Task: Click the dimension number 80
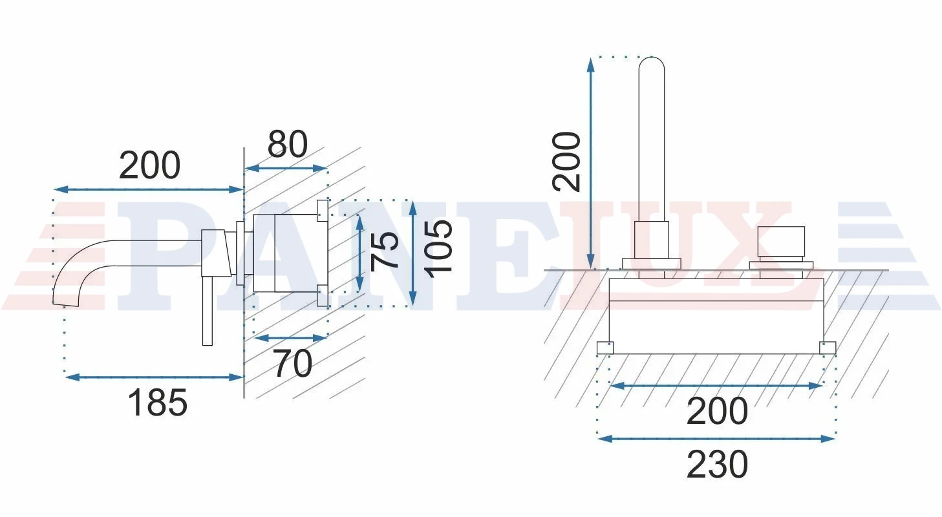click(288, 144)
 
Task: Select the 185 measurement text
click(157, 402)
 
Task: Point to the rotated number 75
click(385, 251)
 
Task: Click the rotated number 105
click(438, 249)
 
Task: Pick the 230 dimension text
click(718, 465)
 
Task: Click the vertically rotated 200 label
click(566, 162)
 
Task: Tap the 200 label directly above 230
click(718, 410)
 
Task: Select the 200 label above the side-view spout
click(150, 165)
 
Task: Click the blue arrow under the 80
click(286, 169)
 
